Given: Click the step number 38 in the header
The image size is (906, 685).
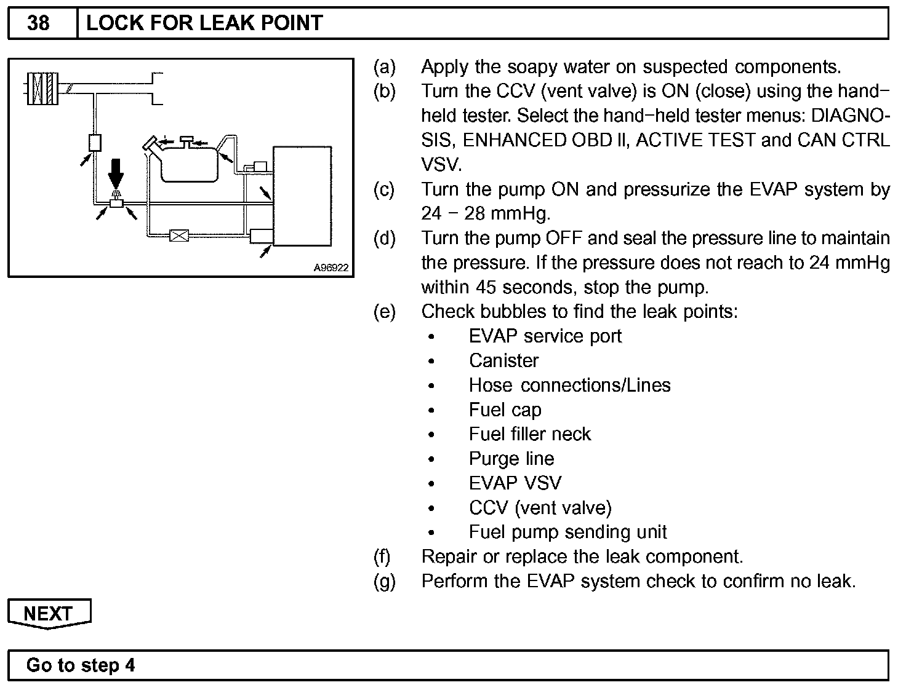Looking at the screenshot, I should coord(39,23).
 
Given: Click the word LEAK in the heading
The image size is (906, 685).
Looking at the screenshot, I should coord(210,23).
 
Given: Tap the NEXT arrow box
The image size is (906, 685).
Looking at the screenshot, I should coord(49,613).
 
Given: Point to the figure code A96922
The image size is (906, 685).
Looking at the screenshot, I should coord(331,267).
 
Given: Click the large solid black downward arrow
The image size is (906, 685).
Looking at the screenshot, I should coord(115,173).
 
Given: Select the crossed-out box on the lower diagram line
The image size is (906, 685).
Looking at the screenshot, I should coord(178,235).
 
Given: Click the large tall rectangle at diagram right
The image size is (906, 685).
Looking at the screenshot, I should coord(303,196).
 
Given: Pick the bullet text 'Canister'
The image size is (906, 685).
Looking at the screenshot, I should coord(503,360).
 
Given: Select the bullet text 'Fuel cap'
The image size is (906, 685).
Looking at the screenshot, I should coord(505,410).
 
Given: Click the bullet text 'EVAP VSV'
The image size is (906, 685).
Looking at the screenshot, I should coord(515,483).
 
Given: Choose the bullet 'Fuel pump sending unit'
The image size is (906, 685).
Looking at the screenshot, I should coord(567,532).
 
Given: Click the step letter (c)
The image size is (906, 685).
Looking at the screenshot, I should coord(384,189).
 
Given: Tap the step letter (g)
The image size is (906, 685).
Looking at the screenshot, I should coord(384,581).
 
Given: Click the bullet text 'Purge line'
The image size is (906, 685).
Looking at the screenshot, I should coord(511,459).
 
